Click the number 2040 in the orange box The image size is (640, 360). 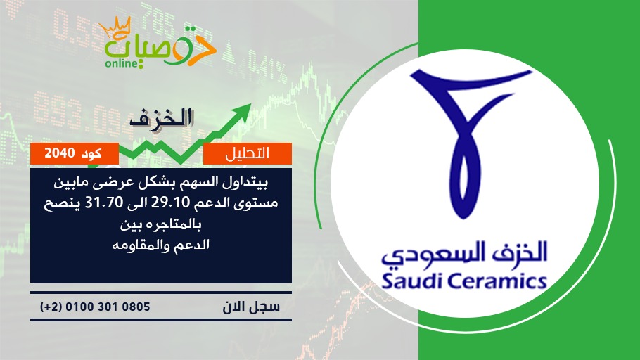pos(59,153)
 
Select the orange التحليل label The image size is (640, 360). pos(248,153)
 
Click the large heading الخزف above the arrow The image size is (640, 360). pos(161,118)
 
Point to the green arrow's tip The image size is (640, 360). pos(250,105)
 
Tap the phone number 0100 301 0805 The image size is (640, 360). pos(108,307)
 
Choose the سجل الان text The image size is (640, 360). pos(251,307)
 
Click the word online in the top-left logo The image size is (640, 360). pos(121,63)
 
